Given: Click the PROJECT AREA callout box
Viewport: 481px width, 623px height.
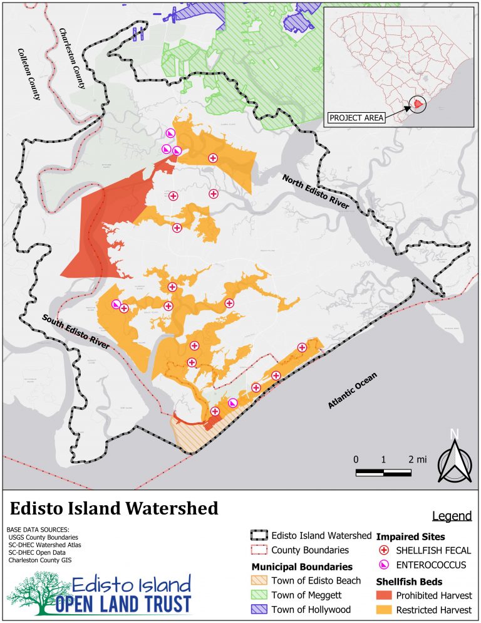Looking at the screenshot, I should tap(356, 117).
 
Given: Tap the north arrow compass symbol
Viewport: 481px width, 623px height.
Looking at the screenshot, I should tap(455, 458).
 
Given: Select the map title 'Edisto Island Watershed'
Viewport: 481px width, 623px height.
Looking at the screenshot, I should tap(113, 508).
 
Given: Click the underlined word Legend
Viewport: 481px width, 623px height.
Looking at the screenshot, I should tap(452, 516).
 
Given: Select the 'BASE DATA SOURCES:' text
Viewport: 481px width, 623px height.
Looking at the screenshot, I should tap(34, 530).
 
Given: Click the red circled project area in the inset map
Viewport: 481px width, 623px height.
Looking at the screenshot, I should tap(418, 103).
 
